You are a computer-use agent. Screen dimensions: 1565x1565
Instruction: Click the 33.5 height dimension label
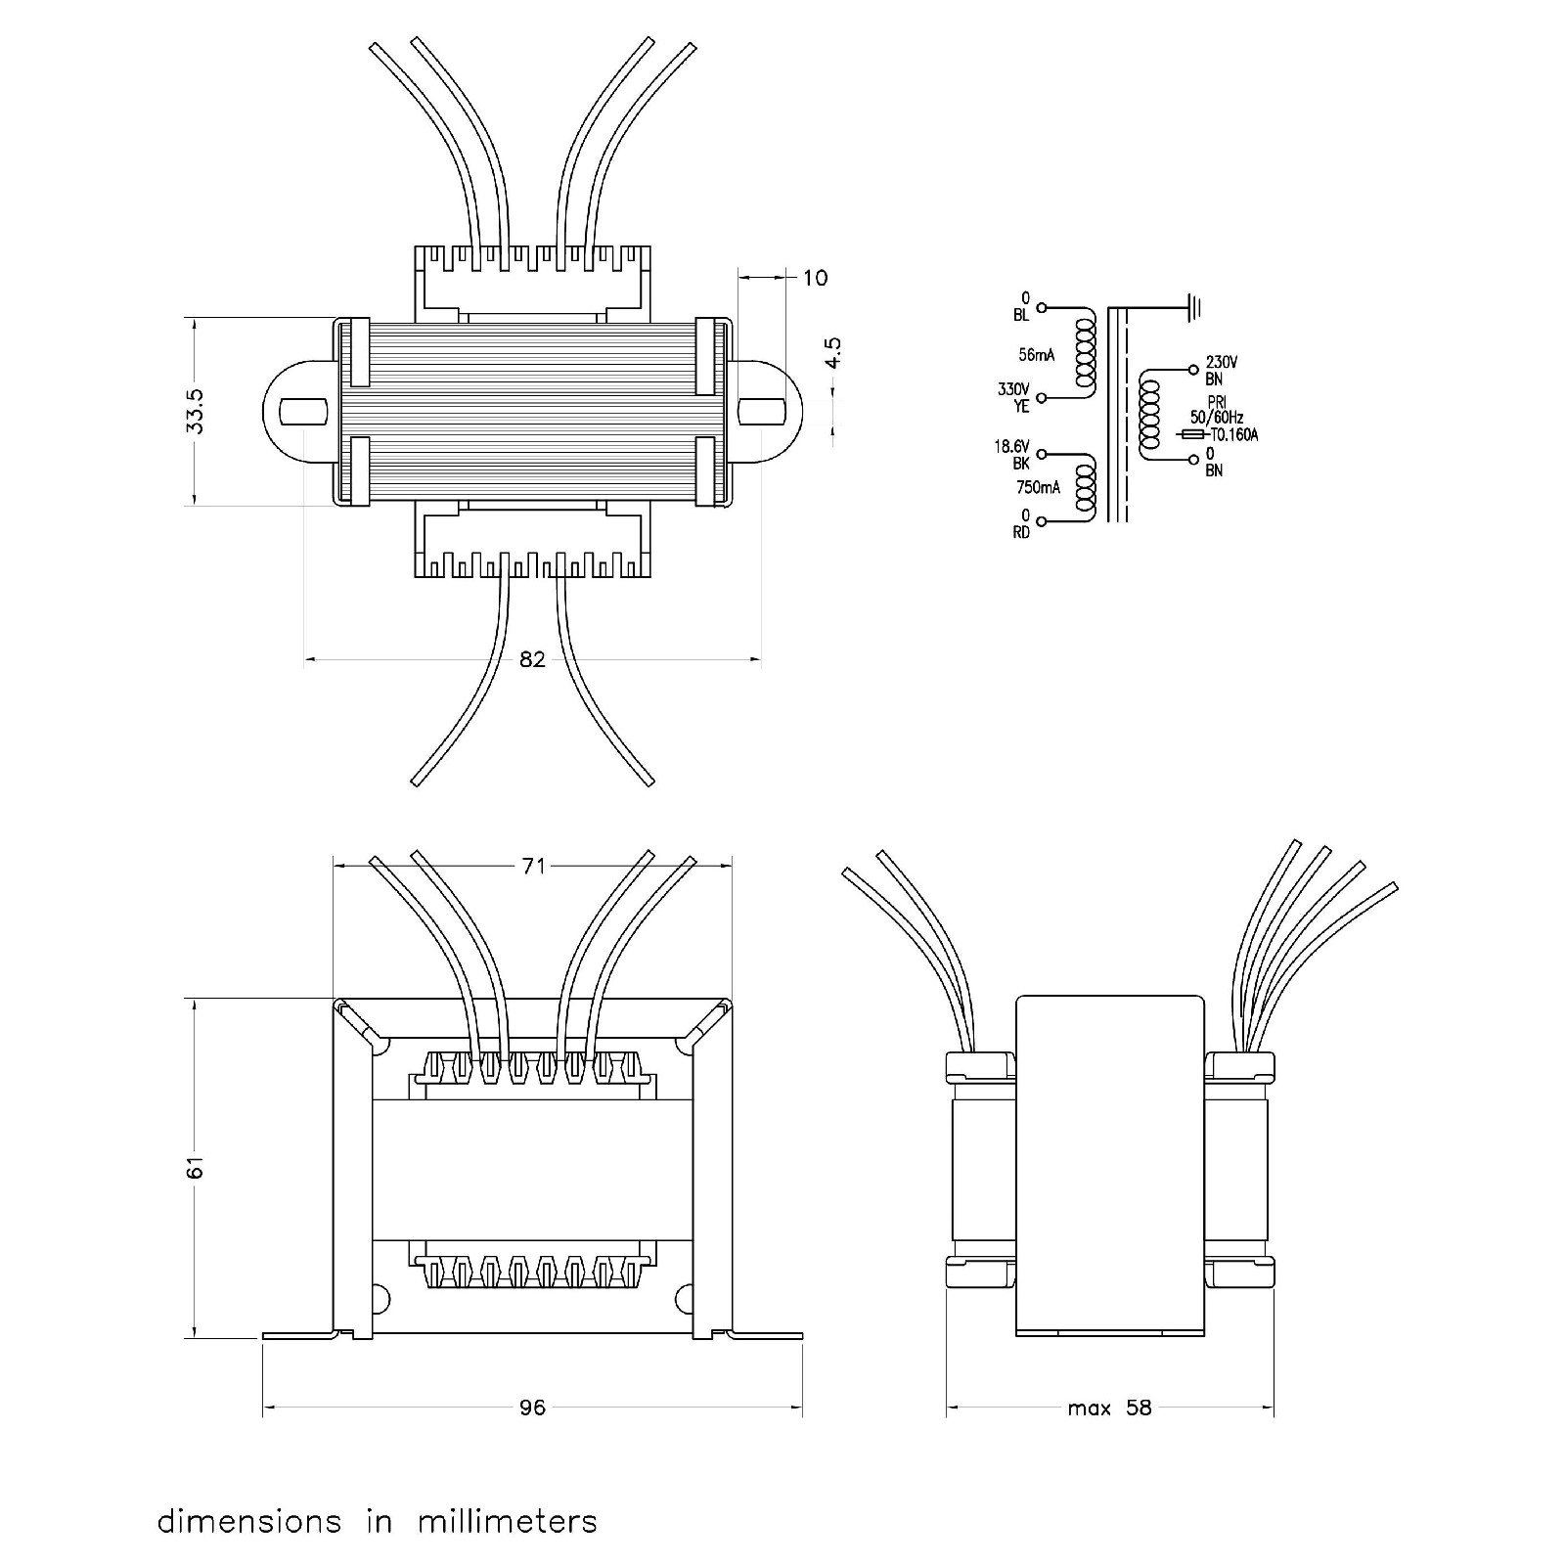(x=197, y=411)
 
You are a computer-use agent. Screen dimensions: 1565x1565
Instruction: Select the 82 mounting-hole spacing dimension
(x=532, y=660)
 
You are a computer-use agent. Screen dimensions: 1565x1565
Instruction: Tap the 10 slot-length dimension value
(x=815, y=279)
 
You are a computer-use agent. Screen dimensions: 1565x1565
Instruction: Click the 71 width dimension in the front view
(x=532, y=866)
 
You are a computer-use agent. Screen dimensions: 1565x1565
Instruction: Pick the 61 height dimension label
(x=197, y=1167)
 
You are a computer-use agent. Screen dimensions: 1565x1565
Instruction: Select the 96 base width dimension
(x=532, y=1408)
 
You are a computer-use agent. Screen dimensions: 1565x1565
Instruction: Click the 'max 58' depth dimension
(x=1110, y=1408)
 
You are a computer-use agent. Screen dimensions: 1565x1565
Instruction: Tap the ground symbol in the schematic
(x=1194, y=308)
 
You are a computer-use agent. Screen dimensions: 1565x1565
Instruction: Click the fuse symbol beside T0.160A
(x=1192, y=434)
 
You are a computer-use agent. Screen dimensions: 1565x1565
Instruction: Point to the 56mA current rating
(x=1035, y=355)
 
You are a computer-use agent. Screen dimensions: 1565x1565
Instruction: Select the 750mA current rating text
(x=1038, y=487)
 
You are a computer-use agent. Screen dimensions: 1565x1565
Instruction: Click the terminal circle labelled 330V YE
(x=1042, y=398)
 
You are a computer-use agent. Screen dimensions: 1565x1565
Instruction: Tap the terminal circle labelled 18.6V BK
(x=1042, y=454)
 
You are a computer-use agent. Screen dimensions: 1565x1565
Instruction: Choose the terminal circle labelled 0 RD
(x=1042, y=521)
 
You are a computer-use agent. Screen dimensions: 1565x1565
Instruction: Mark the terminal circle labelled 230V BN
(x=1192, y=370)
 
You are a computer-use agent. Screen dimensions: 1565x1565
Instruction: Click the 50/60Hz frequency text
(x=1217, y=418)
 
